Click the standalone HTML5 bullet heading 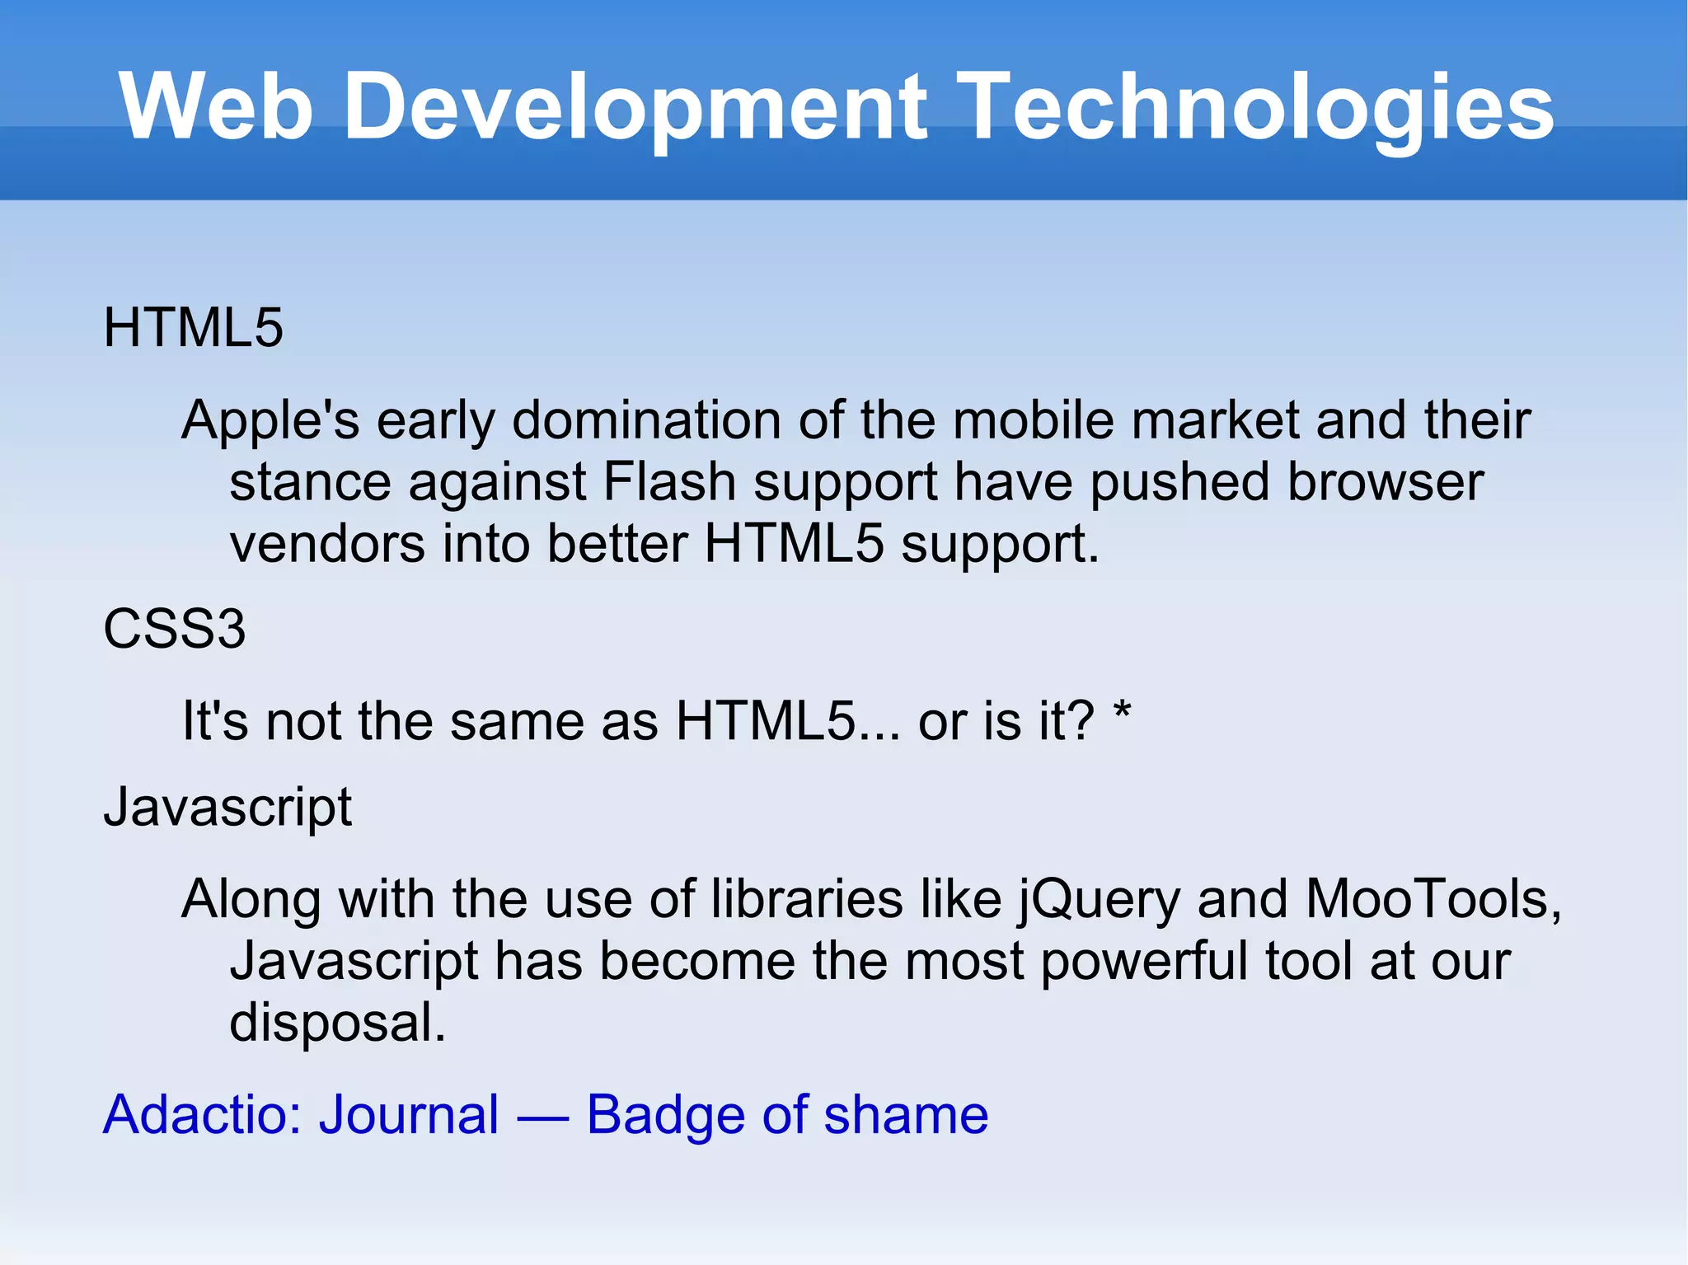(x=193, y=328)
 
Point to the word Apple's (x=270, y=421)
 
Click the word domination (x=646, y=421)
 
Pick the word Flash (x=669, y=482)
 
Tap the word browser (x=1385, y=482)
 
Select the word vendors (x=326, y=544)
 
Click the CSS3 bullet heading (x=175, y=630)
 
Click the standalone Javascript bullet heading (x=227, y=808)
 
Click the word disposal (x=336, y=1024)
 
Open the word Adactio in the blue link (x=203, y=1116)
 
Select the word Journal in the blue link (x=409, y=1116)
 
